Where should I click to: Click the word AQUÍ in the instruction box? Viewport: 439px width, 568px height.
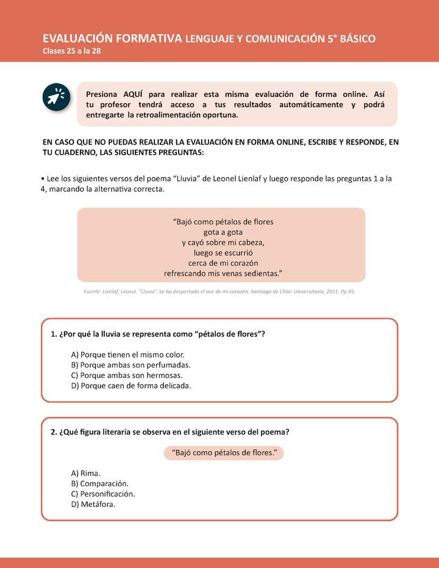tap(134, 94)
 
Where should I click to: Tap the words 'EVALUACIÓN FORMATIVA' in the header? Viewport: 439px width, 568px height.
tap(112, 38)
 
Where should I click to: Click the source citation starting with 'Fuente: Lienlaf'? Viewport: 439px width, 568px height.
tap(219, 292)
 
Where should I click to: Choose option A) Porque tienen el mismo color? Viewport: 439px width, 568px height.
tap(127, 354)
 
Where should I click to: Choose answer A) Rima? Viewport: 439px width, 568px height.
tap(85, 473)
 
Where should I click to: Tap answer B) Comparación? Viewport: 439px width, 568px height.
tap(99, 483)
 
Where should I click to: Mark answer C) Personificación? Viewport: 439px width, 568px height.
tap(103, 494)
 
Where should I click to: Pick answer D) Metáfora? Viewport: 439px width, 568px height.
tap(93, 504)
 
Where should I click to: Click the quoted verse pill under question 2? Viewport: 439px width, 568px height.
tap(224, 453)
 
